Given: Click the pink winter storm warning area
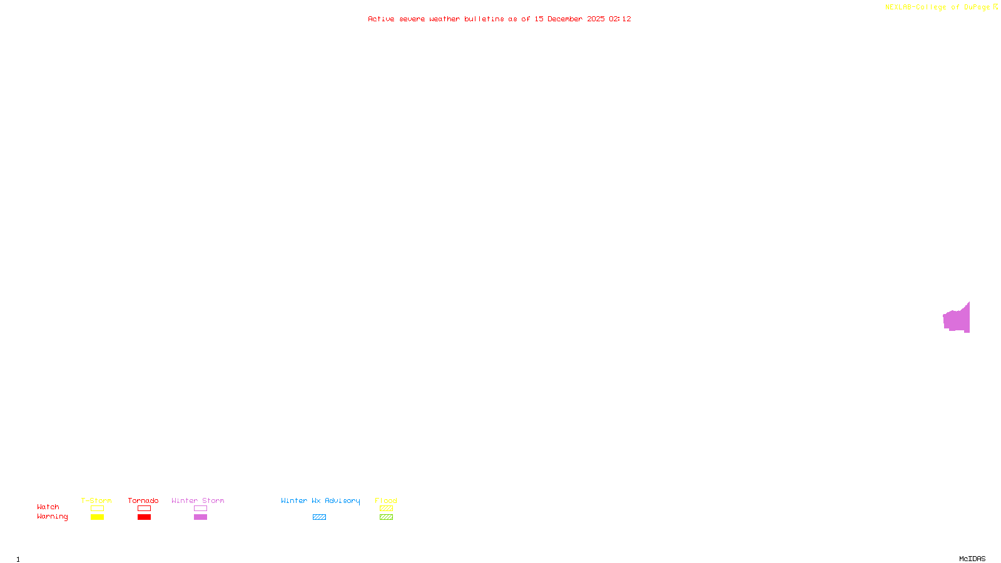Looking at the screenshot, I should pos(957,320).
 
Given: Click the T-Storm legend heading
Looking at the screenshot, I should pos(96,500).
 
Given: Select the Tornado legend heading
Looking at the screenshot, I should pos(143,500).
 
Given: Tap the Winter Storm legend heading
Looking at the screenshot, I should pos(198,500).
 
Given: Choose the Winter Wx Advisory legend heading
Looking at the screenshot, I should pos(320,500).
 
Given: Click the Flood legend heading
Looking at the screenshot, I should pos(386,500).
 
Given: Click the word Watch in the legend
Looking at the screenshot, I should pos(48,507).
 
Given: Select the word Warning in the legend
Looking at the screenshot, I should pos(52,517).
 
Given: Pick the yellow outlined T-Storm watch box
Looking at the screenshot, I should pos(97,509).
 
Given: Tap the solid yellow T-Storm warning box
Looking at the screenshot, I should pos(97,517).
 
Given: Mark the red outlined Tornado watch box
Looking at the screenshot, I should pos(144,509).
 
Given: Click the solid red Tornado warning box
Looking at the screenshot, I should pos(144,517).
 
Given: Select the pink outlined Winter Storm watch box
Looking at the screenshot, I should pos(200,509).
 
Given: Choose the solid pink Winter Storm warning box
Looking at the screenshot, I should pos(200,517).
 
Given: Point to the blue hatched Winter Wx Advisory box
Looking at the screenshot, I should pos(319,517).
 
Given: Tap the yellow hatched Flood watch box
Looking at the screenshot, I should pos(386,509).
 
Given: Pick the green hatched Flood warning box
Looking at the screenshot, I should pos(386,517).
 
